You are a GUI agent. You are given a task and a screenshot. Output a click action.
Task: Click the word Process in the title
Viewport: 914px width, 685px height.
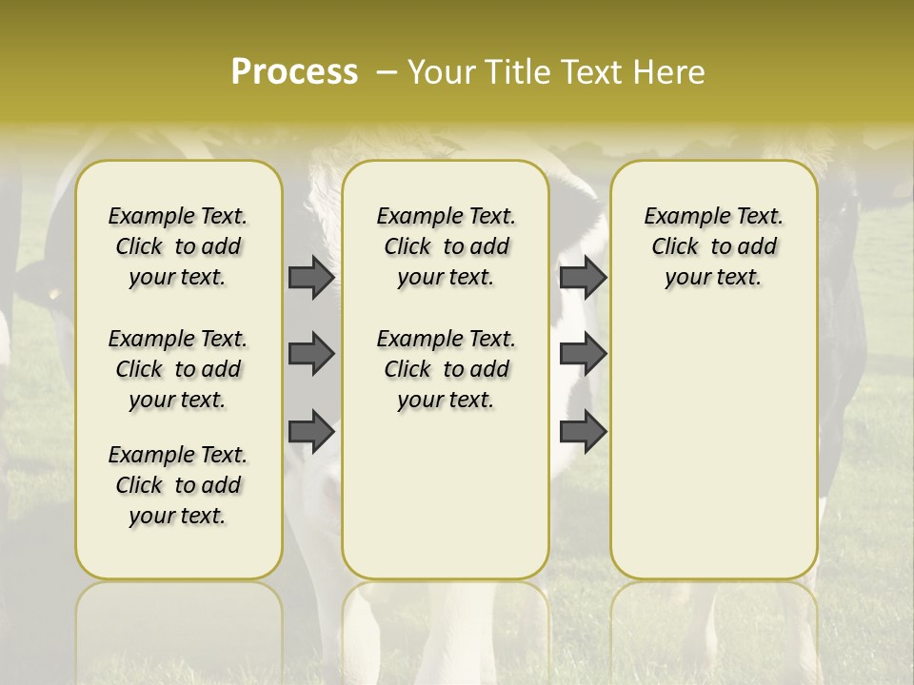[x=294, y=72]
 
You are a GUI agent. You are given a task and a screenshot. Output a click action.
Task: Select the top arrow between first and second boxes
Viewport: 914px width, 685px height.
[x=311, y=277]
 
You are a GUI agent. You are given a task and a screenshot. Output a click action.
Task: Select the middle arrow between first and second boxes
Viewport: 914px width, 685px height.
[x=311, y=354]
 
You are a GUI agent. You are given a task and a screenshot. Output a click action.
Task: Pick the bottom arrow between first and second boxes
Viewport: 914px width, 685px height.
[x=311, y=431]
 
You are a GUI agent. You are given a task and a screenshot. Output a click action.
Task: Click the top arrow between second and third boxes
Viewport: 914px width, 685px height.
[x=583, y=277]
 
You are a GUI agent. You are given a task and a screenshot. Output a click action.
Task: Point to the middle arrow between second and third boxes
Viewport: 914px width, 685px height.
[x=583, y=354]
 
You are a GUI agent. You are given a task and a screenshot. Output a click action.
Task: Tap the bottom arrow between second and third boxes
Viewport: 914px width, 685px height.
[x=583, y=431]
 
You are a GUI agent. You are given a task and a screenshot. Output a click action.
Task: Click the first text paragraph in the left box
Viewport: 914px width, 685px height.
[x=178, y=246]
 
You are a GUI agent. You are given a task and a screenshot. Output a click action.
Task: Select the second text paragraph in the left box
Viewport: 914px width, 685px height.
[x=178, y=369]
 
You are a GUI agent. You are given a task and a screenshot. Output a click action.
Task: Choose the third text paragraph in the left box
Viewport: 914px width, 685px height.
[x=178, y=485]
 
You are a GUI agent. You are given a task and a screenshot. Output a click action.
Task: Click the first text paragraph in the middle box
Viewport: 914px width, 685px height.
[x=446, y=246]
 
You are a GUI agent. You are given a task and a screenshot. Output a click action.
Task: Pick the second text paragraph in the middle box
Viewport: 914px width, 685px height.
[x=446, y=369]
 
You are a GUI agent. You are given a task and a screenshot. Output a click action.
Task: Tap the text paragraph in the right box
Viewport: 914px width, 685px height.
[x=713, y=246]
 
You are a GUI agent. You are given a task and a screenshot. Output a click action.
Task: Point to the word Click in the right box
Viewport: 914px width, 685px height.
[x=675, y=247]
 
